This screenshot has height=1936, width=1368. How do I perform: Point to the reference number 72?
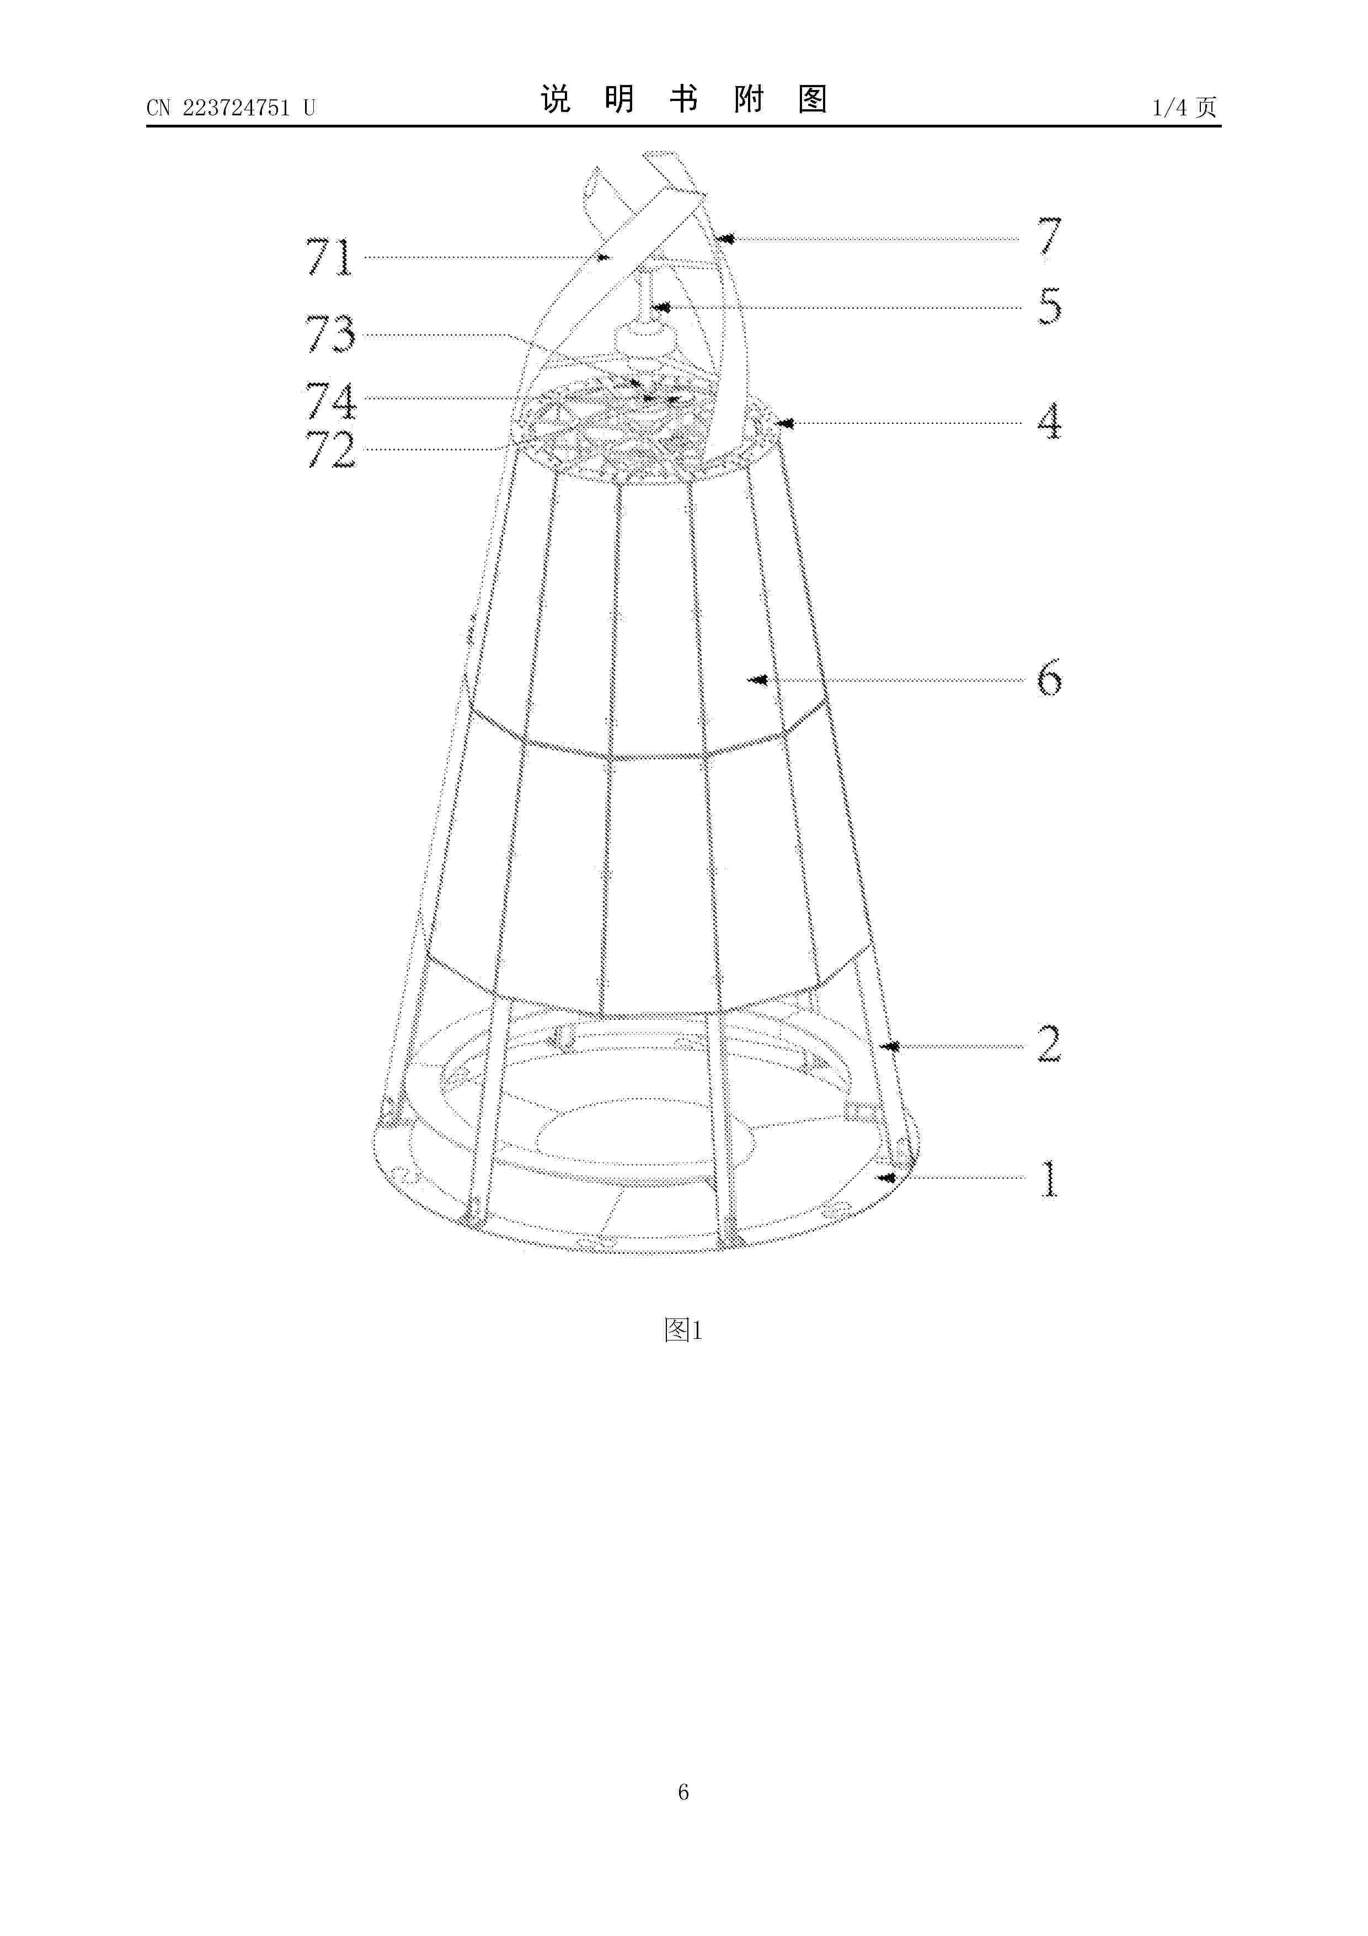pyautogui.click(x=330, y=449)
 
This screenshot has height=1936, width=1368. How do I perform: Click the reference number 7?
pyautogui.click(x=1049, y=236)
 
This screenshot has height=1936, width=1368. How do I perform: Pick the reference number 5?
pyautogui.click(x=1049, y=306)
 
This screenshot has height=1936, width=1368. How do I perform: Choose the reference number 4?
pyautogui.click(x=1049, y=422)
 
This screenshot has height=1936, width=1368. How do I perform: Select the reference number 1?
pyautogui.click(x=1049, y=1179)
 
